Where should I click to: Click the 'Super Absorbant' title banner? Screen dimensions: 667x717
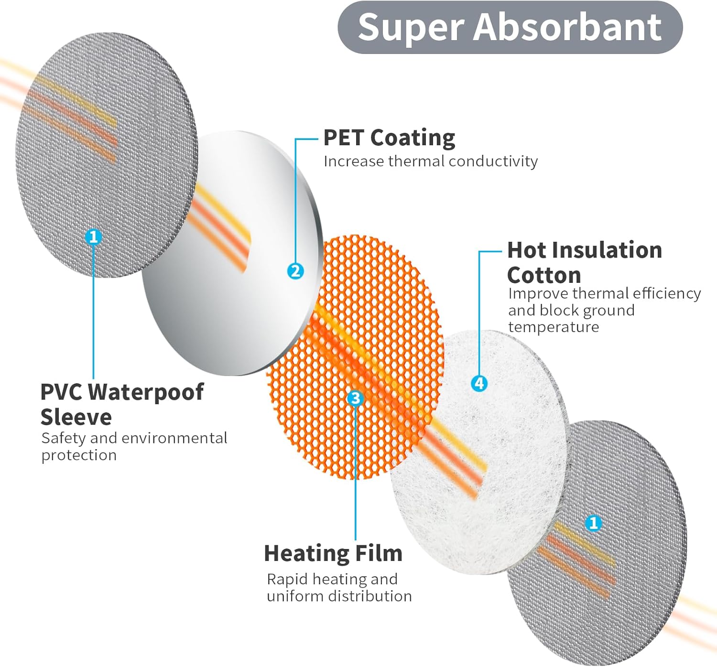(x=510, y=27)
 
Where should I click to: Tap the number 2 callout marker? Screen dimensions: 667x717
(x=296, y=271)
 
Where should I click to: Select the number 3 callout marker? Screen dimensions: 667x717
(x=355, y=398)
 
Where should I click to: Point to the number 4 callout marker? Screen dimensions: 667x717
(x=479, y=383)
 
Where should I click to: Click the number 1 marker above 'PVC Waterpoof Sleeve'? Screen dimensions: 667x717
(x=94, y=237)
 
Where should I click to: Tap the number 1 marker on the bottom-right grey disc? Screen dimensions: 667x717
(x=594, y=523)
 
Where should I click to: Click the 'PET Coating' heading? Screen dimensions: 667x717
(x=389, y=138)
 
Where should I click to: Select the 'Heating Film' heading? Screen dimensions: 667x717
(x=333, y=553)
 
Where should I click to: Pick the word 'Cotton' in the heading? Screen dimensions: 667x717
(x=544, y=275)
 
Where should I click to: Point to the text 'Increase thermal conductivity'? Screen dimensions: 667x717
(x=430, y=161)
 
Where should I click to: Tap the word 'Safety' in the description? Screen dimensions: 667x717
(x=63, y=438)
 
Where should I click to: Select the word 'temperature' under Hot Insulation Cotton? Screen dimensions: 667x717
(x=553, y=327)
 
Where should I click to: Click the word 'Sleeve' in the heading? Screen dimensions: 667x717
(x=76, y=417)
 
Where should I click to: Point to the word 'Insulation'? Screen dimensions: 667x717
(x=608, y=250)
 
